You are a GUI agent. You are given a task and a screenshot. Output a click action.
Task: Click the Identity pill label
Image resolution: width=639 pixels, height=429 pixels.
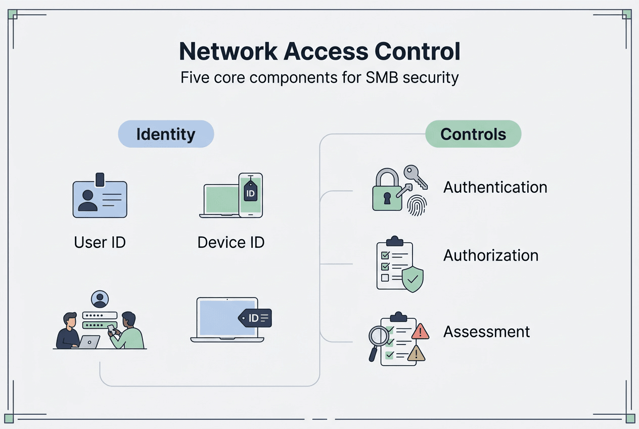[166, 134]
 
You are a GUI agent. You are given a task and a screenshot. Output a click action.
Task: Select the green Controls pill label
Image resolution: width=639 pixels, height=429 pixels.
[473, 134]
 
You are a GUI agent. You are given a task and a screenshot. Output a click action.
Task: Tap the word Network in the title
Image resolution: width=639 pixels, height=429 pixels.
[227, 52]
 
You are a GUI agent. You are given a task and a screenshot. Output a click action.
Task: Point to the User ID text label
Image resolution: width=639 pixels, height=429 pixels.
[100, 242]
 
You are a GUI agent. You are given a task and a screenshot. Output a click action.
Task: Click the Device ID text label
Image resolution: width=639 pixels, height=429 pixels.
[231, 242]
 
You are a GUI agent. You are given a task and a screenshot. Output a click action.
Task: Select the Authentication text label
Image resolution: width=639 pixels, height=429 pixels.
[495, 187]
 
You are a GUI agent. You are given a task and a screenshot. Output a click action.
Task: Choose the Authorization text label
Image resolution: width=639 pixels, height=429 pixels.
[490, 255]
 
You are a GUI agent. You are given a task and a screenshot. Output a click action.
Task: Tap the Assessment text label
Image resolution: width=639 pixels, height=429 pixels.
[486, 332]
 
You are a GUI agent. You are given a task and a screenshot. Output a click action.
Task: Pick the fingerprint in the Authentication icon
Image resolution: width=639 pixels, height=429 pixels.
[417, 205]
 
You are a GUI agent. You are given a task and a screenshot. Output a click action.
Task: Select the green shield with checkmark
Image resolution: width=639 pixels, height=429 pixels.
[412, 279]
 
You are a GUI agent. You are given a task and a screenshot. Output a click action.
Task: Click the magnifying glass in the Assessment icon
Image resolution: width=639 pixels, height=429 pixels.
[377, 337]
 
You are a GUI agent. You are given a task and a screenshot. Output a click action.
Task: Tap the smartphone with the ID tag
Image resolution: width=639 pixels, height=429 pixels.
[251, 195]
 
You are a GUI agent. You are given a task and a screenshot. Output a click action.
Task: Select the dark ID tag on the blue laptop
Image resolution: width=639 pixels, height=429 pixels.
[255, 318]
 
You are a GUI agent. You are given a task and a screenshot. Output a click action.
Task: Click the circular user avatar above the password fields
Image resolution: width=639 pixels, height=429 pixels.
[100, 298]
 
